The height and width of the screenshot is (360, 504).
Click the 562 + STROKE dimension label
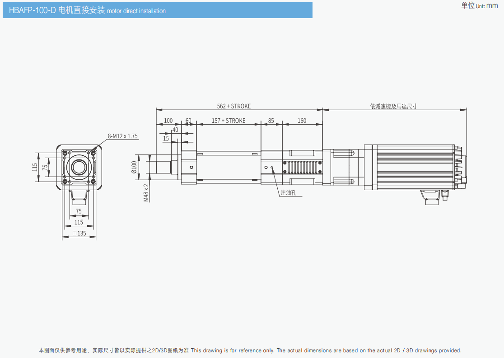point(233,106)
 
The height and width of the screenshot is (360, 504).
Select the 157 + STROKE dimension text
point(229,121)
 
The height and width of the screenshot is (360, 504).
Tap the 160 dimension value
point(302,121)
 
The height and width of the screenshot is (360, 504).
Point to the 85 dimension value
point(271,121)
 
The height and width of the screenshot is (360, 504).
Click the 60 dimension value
point(188,121)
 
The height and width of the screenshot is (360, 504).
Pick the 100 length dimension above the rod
point(168,121)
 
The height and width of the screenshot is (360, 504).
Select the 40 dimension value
point(175,130)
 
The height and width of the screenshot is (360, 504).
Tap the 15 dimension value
point(166,138)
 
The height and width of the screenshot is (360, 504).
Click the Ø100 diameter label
point(134,167)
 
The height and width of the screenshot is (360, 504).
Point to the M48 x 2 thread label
point(146,192)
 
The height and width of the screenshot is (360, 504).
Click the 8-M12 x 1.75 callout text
point(122,136)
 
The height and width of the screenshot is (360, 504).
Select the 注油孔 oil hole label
point(288,192)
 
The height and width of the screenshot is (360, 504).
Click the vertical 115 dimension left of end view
point(35,167)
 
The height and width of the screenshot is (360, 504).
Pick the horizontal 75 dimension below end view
point(79,211)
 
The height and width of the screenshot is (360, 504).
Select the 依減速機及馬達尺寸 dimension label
point(393,106)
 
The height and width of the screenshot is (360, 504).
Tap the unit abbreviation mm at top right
point(492,6)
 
